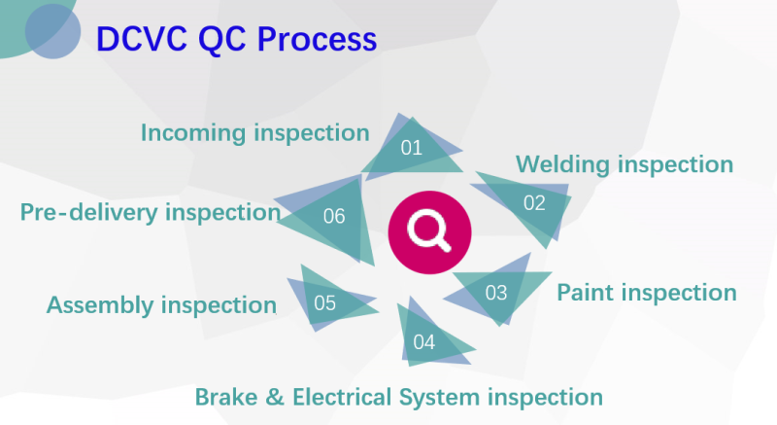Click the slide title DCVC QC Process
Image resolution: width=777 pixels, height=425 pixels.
click(x=236, y=39)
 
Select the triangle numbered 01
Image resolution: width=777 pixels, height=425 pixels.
click(x=412, y=148)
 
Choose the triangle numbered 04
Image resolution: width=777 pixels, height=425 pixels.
click(x=424, y=340)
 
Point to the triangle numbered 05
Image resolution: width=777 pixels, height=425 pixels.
click(x=325, y=302)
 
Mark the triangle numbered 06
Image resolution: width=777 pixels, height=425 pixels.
click(x=334, y=216)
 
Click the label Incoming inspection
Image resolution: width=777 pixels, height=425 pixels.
click(x=255, y=132)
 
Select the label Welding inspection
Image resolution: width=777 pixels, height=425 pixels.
click(x=624, y=163)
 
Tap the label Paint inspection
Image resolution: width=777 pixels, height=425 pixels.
click(x=646, y=292)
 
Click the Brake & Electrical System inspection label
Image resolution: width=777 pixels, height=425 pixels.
click(x=399, y=397)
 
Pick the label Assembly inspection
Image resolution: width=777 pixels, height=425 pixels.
click(x=161, y=304)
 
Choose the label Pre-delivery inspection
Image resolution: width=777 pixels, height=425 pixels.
click(x=151, y=211)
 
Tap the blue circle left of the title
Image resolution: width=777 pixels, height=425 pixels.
click(x=52, y=29)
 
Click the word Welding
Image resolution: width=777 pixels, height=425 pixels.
click(x=564, y=163)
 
